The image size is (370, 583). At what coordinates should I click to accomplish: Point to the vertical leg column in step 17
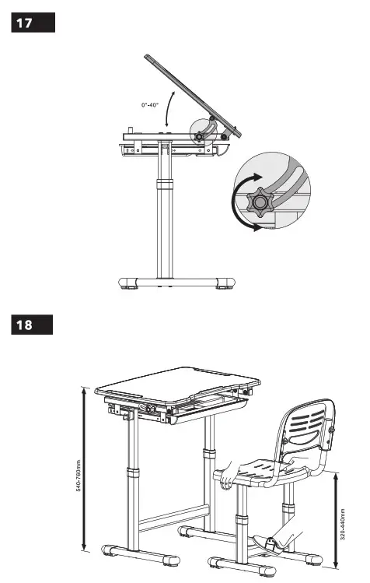[x=163, y=218]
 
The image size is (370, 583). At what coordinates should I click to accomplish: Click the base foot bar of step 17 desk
[x=175, y=283]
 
